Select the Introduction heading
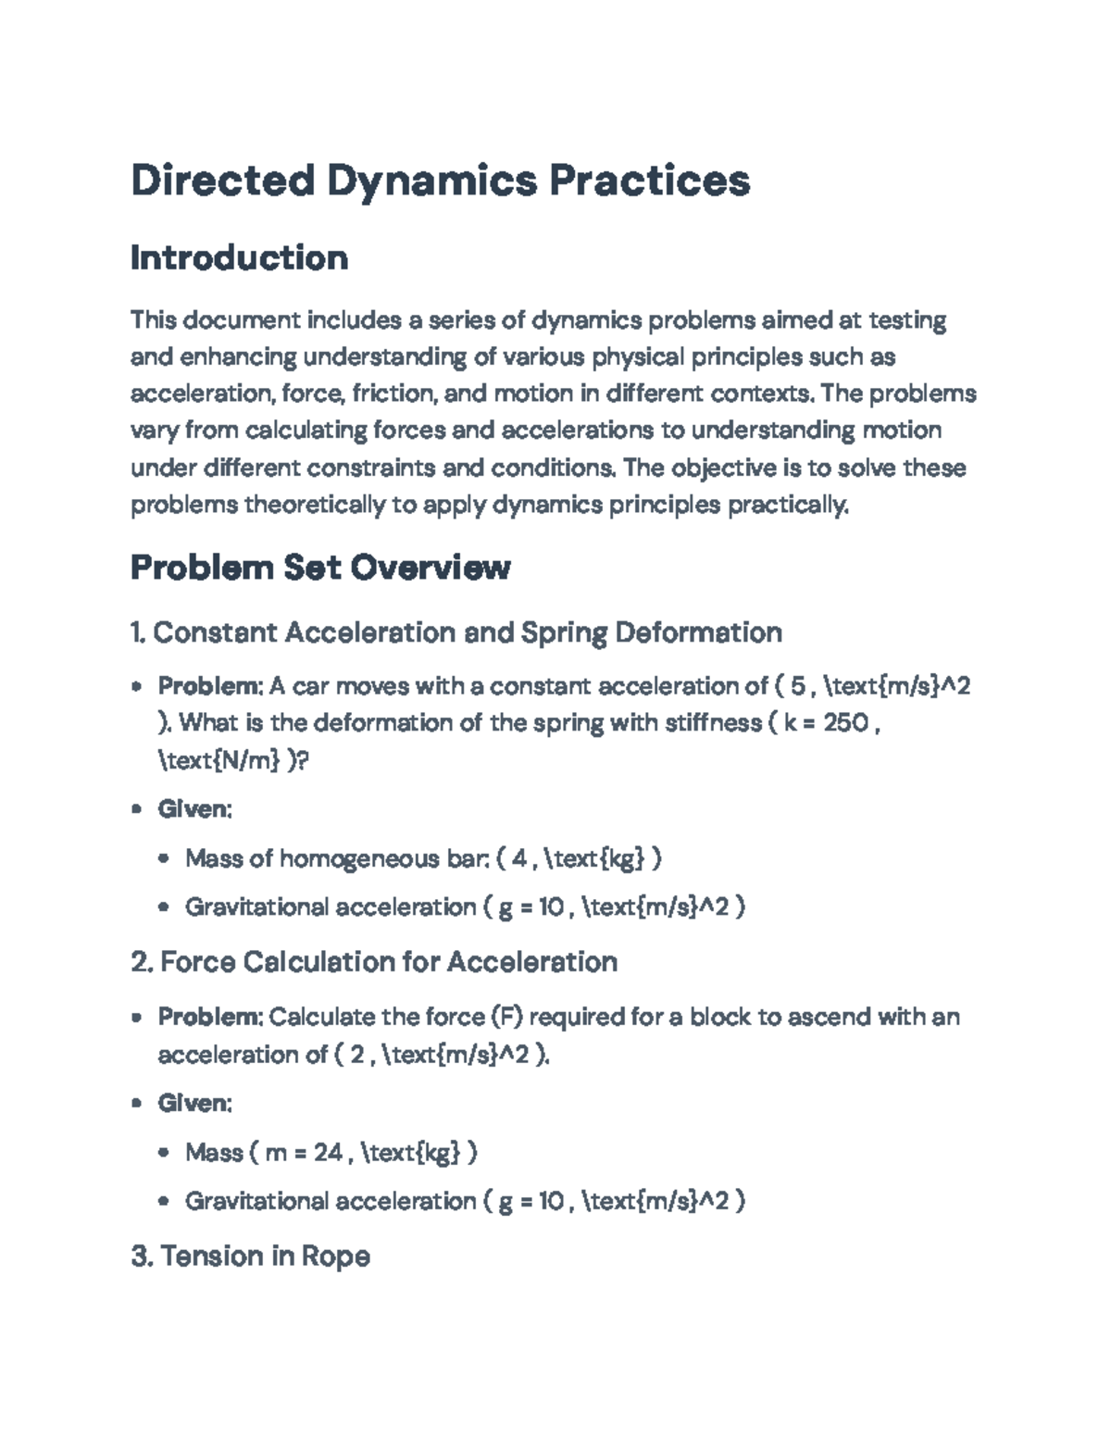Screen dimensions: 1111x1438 239,257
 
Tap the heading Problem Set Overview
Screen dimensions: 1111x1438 320,567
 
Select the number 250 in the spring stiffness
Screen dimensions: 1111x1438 845,722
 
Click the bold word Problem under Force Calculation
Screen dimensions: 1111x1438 210,1017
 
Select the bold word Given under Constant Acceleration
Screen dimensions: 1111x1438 193,809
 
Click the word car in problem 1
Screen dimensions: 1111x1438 314,686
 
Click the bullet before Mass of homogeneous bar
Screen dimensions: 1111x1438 164,858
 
